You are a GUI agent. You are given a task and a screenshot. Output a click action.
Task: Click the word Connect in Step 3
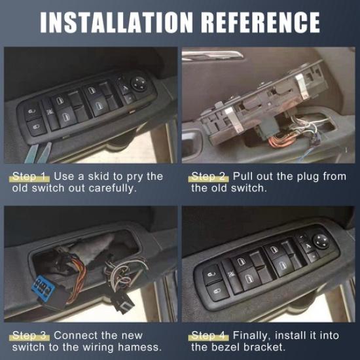point(75,336)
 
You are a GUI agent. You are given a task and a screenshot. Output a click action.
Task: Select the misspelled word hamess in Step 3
point(142,348)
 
